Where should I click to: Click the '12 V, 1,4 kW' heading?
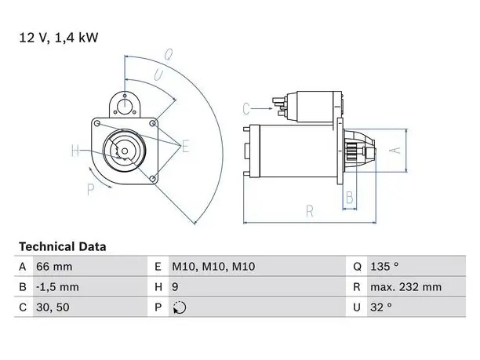59,38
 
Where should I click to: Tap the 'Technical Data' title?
63,247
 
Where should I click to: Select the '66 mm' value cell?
54,267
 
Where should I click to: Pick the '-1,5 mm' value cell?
57,287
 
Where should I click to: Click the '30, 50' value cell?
53,307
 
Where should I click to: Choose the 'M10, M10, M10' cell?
213,267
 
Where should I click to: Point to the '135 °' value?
384,267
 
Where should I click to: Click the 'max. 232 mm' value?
406,287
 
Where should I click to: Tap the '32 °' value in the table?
381,307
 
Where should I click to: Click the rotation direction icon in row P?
180,307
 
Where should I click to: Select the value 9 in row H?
175,287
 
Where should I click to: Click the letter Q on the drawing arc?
169,54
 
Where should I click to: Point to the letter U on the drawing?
159,75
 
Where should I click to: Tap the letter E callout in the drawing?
185,146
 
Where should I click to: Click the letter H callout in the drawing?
75,151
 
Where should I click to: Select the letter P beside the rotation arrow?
90,190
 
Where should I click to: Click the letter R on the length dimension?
310,211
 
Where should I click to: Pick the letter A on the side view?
395,151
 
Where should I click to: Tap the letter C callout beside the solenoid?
246,109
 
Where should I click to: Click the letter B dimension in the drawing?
350,198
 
